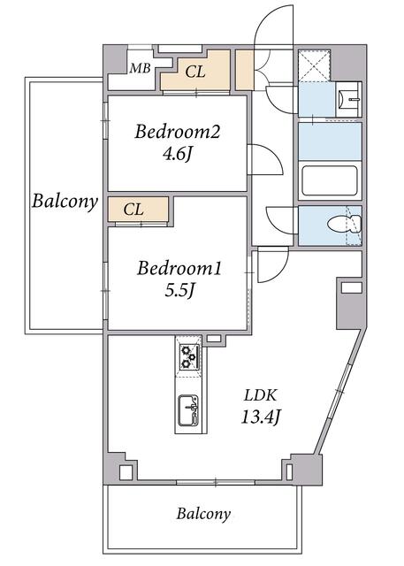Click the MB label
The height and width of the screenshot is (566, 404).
[x=140, y=68]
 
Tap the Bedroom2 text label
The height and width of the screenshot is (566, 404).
[x=178, y=132]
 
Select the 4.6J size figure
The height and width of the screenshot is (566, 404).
[x=177, y=154]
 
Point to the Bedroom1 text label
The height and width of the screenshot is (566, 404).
[x=179, y=269]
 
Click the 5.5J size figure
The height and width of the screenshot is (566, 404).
[x=179, y=290]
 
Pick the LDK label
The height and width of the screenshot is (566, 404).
[x=261, y=395]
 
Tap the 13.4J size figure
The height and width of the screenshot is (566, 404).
[x=260, y=417]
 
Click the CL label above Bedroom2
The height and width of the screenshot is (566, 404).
[x=195, y=72]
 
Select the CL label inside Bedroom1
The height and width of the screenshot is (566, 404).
[x=133, y=210]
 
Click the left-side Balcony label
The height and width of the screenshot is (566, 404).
[x=65, y=201]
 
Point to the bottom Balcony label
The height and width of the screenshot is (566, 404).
[x=203, y=514]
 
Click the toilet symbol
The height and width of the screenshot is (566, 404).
[x=344, y=224]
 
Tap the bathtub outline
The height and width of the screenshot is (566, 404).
[x=330, y=180]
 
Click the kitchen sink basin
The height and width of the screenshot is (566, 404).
[x=188, y=410]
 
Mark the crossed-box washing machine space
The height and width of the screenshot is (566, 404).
[x=315, y=65]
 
